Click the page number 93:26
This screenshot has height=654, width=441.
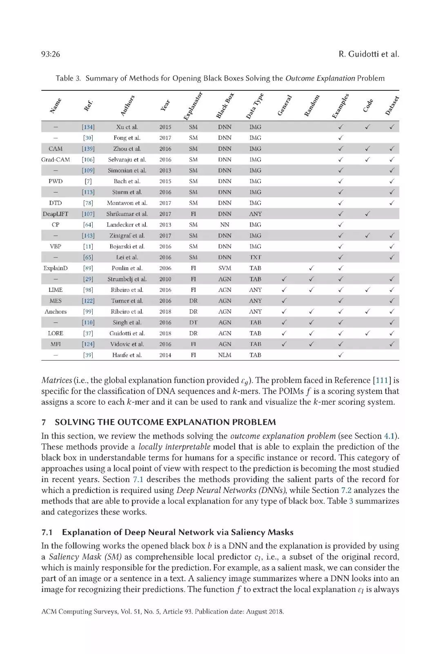tap(51, 54)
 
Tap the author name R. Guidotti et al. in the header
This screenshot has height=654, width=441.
tap(368, 54)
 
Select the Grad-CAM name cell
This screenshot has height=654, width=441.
tap(56, 159)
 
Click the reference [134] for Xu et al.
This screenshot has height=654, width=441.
tap(88, 127)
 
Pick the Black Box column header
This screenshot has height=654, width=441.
tap(225, 106)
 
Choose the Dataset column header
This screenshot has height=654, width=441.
tap(392, 105)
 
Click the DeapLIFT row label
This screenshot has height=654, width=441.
tap(56, 214)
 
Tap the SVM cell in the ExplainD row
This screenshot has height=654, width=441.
tap(225, 268)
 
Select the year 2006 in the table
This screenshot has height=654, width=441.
tap(165, 268)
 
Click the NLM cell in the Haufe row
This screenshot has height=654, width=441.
tap(225, 355)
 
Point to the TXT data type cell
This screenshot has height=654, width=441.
tap(255, 257)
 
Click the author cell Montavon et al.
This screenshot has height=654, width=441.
tap(127, 203)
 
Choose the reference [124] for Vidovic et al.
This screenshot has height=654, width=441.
tap(88, 344)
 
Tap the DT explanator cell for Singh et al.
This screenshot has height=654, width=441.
tap(194, 323)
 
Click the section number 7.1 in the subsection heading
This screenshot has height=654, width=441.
tap(47, 532)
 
